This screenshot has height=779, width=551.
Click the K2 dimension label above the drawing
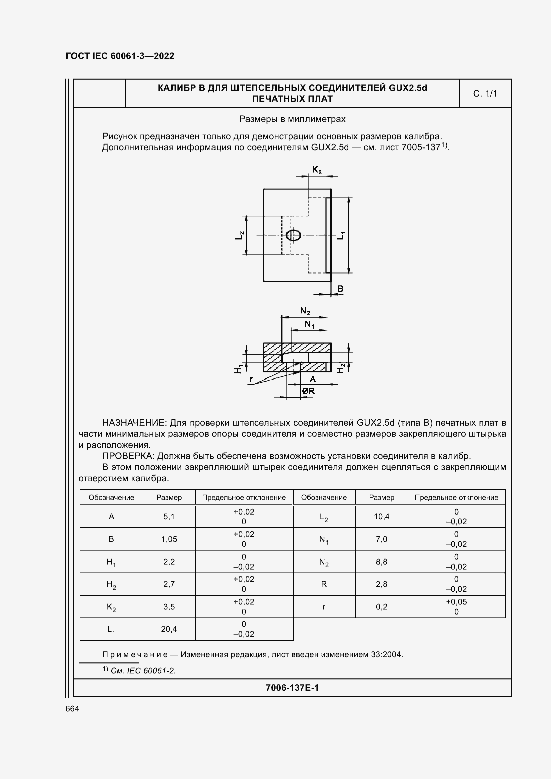[x=317, y=170]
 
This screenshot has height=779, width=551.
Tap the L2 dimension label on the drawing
[x=240, y=235]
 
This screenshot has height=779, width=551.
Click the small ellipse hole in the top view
[x=293, y=235]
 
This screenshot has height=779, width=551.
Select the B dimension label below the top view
[x=341, y=289]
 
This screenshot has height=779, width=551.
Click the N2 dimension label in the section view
[x=305, y=311]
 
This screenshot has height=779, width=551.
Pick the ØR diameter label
[x=309, y=391]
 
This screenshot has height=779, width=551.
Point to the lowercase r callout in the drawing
[x=251, y=379]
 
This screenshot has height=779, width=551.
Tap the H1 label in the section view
[x=239, y=368]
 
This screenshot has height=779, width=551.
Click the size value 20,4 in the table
[x=169, y=629]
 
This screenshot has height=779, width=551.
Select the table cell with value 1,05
[x=169, y=539]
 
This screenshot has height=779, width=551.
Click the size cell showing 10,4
[x=382, y=517]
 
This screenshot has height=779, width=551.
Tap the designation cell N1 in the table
[x=324, y=540]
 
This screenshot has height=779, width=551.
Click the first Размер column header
[x=169, y=497]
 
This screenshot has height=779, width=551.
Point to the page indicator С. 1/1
[x=485, y=94]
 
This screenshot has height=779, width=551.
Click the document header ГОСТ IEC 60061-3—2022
[x=120, y=56]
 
